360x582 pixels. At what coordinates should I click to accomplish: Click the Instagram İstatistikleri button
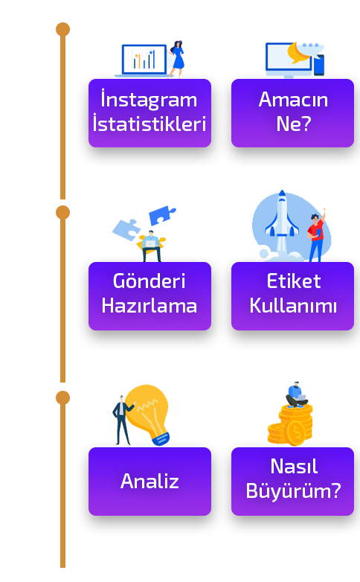(150, 113)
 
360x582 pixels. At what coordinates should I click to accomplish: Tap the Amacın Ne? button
(292, 113)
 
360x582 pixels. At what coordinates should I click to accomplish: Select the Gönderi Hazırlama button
(150, 296)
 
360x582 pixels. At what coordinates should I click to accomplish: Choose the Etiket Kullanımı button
(292, 296)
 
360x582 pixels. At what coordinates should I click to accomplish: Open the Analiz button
(150, 482)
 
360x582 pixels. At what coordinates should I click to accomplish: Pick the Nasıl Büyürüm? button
(292, 482)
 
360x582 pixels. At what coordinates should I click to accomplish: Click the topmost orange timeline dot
(62, 29)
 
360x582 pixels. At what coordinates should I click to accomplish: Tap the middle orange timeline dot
(62, 213)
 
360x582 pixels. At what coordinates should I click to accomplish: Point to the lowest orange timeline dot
(62, 398)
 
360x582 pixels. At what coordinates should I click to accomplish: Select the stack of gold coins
(291, 426)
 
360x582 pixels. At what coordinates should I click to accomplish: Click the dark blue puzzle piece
(162, 215)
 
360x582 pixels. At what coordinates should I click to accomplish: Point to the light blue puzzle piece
(126, 229)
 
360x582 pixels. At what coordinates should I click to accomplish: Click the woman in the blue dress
(177, 59)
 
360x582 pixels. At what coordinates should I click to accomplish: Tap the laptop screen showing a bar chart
(144, 60)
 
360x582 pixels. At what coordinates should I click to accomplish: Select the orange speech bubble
(298, 52)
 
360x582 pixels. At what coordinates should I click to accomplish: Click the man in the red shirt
(317, 235)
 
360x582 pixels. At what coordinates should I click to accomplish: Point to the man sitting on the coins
(296, 395)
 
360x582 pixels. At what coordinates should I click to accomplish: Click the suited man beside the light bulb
(122, 420)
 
